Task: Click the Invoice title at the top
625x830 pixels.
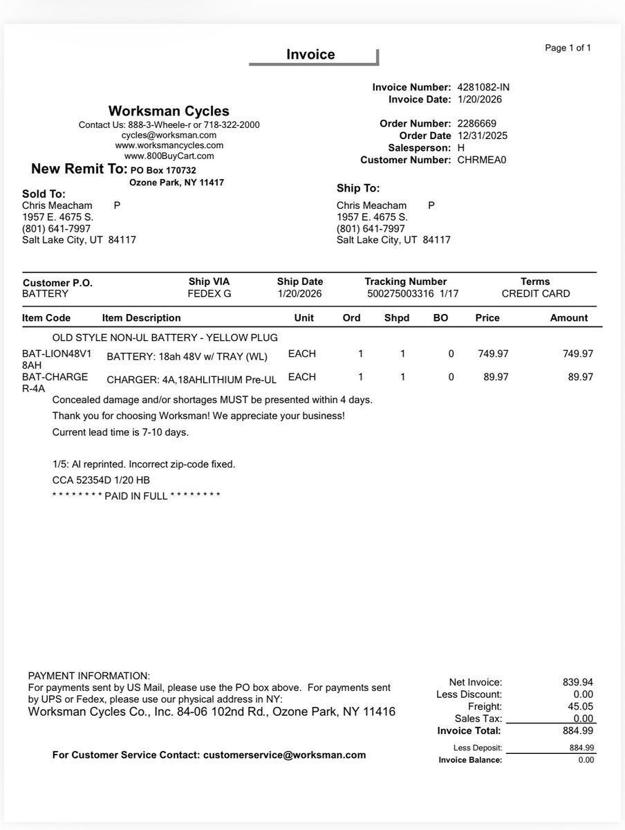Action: [x=310, y=55]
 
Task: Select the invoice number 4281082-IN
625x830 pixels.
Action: [x=483, y=88]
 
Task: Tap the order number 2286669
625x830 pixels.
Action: [x=477, y=124]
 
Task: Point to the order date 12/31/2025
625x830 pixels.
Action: [x=483, y=136]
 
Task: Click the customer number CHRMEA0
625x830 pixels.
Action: [x=482, y=160]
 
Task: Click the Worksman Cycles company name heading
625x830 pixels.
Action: [x=169, y=111]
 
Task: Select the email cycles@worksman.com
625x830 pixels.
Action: [x=169, y=136]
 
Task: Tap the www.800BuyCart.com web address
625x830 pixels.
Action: [x=169, y=156]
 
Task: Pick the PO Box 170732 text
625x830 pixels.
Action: [x=163, y=170]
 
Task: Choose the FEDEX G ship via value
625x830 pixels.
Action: [x=209, y=294]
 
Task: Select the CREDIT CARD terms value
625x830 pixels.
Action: [x=536, y=294]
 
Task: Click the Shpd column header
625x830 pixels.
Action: [x=397, y=318]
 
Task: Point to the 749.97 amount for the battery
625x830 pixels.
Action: [x=577, y=354]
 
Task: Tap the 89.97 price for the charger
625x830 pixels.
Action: [x=493, y=378]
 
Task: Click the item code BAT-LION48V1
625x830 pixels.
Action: [x=57, y=354]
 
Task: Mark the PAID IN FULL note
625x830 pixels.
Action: [x=137, y=497]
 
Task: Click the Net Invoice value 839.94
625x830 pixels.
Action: [x=578, y=683]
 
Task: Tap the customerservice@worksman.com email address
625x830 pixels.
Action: [x=284, y=755]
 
